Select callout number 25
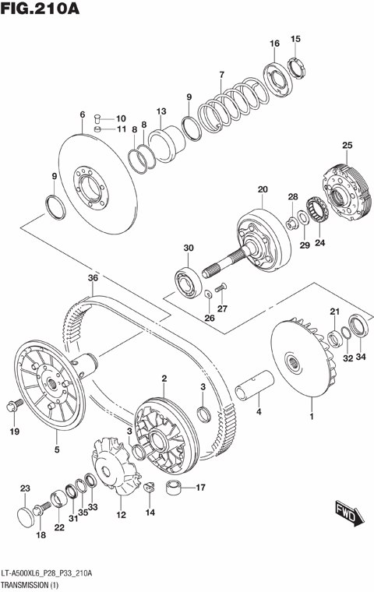pyautogui.click(x=348, y=145)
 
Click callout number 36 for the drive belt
pyautogui.click(x=92, y=278)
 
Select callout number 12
pyautogui.click(x=121, y=515)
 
